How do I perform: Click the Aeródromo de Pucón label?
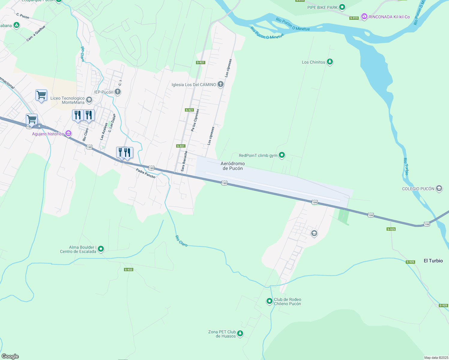pyautogui.click(x=233, y=166)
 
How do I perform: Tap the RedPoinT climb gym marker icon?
pyautogui.click(x=282, y=155)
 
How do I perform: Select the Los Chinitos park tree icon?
pyautogui.click(x=330, y=62)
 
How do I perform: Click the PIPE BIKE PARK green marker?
pyautogui.click(x=342, y=7)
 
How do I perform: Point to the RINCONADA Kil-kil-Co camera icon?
pyautogui.click(x=364, y=17)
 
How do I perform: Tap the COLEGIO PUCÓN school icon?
pyautogui.click(x=439, y=188)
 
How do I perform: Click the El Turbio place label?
pyautogui.click(x=433, y=261)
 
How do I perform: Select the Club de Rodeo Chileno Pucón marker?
pyautogui.click(x=270, y=301)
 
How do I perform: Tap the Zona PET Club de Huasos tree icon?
pyautogui.click(x=240, y=333)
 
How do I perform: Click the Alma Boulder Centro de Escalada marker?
pyautogui.click(x=101, y=249)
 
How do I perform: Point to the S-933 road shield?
pyautogui.click(x=128, y=270)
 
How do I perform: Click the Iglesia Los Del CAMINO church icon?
pyautogui.click(x=221, y=84)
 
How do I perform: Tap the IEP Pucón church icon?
pyautogui.click(x=118, y=92)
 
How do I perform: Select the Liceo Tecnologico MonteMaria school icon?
pyautogui.click(x=89, y=100)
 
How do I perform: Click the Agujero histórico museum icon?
pyautogui.click(x=68, y=133)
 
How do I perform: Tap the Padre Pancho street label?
pyautogui.click(x=146, y=173)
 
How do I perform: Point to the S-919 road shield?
pyautogui.click(x=354, y=18)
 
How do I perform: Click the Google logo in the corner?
pyautogui.click(x=10, y=356)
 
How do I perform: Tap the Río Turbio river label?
pyautogui.click(x=406, y=166)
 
